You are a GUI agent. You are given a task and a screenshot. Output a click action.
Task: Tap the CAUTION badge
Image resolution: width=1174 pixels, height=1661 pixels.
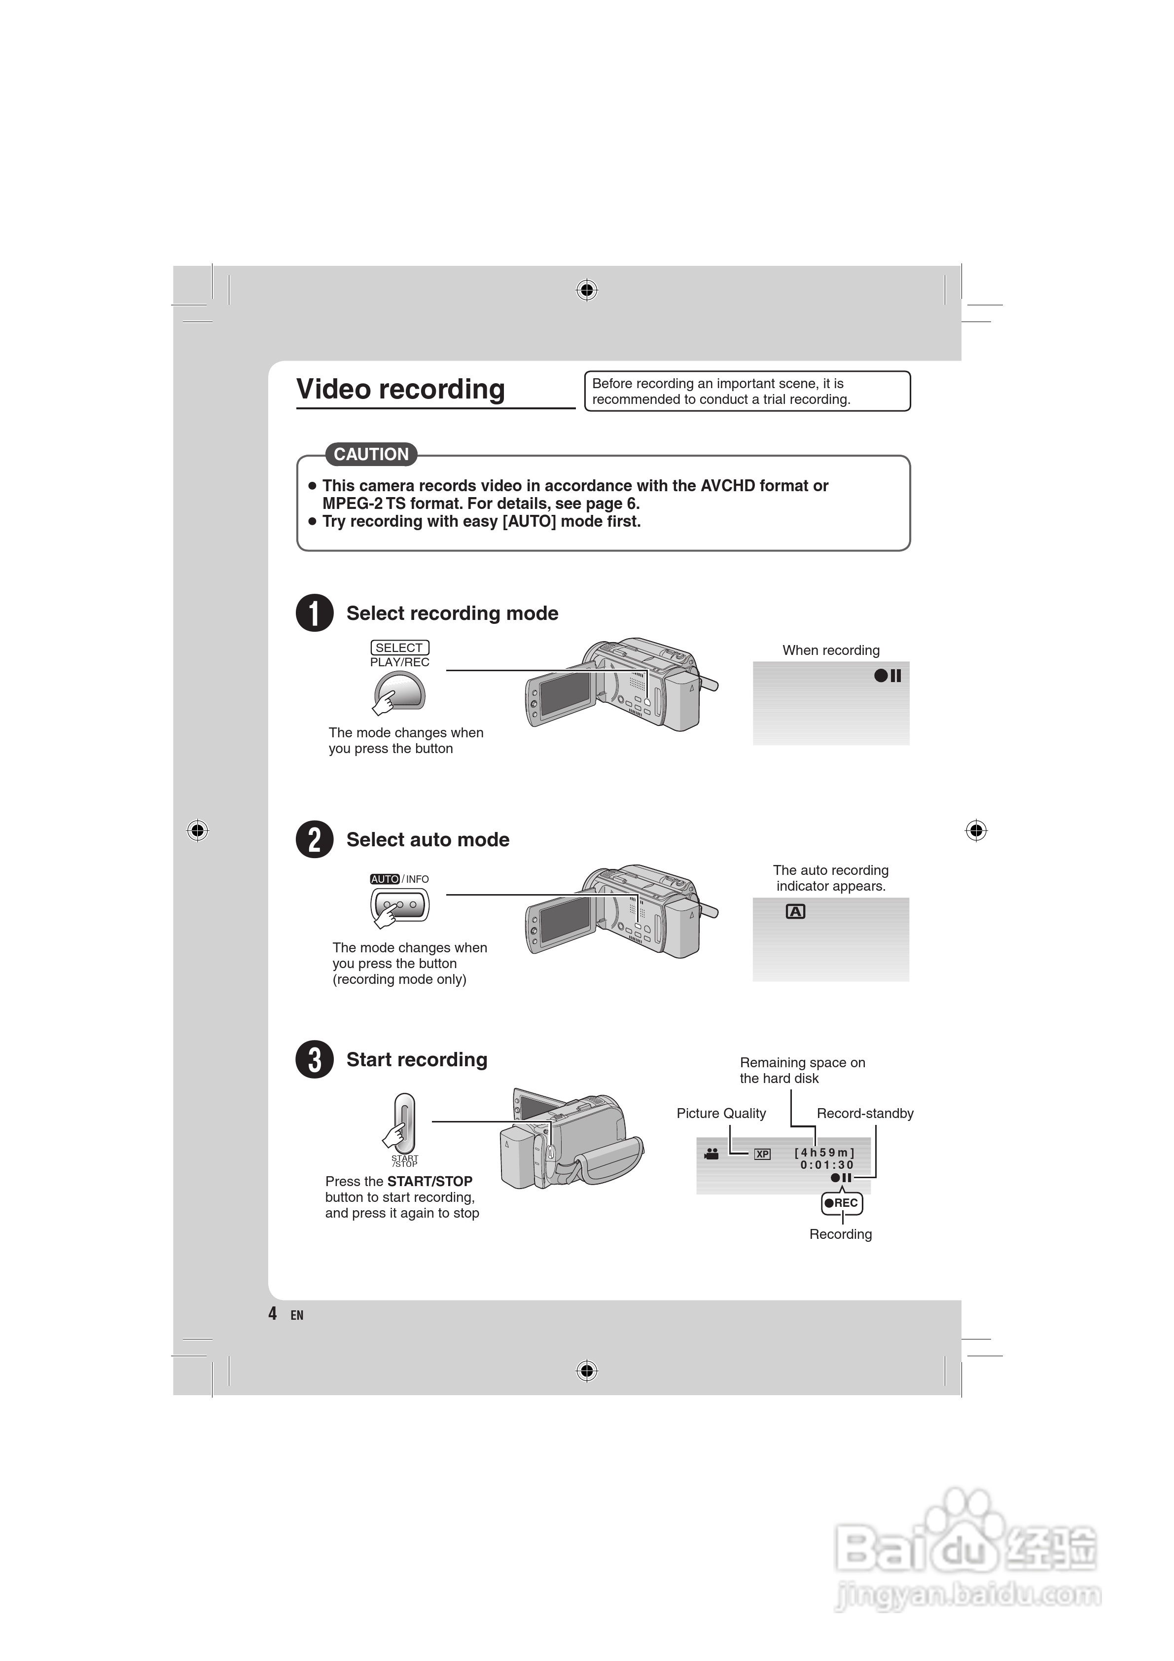pyautogui.click(x=371, y=454)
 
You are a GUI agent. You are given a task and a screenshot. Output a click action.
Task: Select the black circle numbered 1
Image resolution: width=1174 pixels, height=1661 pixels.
pyautogui.click(x=315, y=613)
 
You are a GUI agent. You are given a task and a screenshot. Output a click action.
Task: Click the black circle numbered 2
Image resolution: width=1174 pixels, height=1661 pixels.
pyautogui.click(x=315, y=839)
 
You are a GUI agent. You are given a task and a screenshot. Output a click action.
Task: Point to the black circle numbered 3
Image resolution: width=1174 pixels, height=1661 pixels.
pyautogui.click(x=315, y=1059)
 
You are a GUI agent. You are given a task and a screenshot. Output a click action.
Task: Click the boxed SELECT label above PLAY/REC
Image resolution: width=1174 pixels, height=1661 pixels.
pyautogui.click(x=399, y=648)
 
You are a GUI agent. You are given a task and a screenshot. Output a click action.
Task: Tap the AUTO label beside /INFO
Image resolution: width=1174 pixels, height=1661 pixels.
pyautogui.click(x=385, y=879)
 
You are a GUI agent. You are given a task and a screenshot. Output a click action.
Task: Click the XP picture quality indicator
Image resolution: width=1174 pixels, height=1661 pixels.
pyautogui.click(x=762, y=1154)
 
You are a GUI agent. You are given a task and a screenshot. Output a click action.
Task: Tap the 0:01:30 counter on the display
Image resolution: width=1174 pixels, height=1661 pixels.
pyautogui.click(x=826, y=1165)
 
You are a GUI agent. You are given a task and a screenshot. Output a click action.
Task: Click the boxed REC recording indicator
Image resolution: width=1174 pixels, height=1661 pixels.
pyautogui.click(x=842, y=1203)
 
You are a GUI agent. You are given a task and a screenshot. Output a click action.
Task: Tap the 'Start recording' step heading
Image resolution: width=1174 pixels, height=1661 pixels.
pyautogui.click(x=417, y=1059)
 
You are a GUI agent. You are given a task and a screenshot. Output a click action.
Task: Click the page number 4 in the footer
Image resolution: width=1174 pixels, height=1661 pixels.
pyautogui.click(x=273, y=1313)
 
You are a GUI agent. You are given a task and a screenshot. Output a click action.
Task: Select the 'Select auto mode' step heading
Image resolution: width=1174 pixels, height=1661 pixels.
pyautogui.click(x=427, y=839)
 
